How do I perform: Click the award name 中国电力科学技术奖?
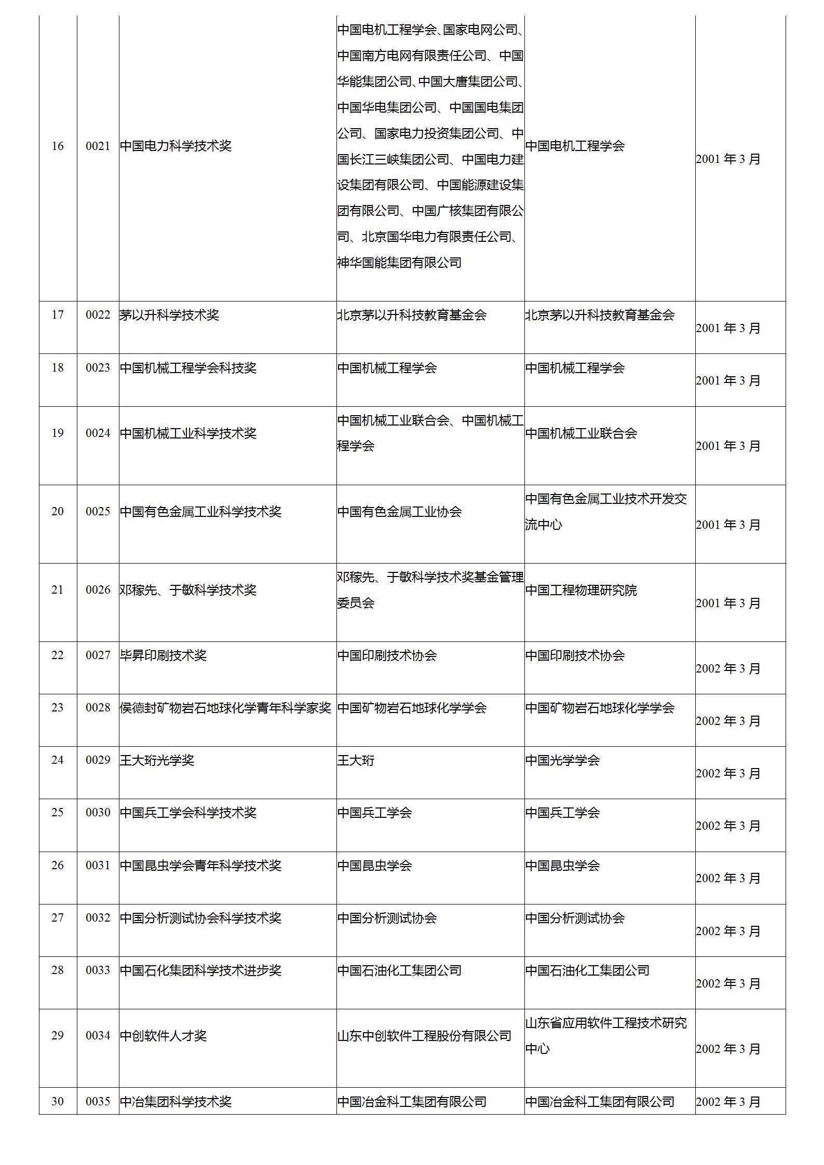175,146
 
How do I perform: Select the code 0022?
98,315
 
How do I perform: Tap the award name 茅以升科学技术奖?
169,315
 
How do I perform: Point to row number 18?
58,368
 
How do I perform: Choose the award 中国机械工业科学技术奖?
188,433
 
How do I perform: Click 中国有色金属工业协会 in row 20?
399,512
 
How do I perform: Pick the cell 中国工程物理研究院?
581,590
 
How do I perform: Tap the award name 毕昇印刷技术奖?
163,655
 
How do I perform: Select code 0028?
98,708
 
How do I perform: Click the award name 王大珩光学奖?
157,760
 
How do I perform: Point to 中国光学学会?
562,760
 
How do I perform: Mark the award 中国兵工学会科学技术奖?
188,813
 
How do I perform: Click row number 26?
58,866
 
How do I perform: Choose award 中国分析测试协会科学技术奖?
200,918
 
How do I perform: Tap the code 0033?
98,970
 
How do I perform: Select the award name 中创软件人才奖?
163,1036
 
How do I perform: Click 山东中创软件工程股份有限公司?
424,1036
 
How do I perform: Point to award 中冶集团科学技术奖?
175,1101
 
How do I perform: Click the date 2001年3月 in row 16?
728,159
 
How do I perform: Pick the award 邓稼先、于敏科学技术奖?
188,590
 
